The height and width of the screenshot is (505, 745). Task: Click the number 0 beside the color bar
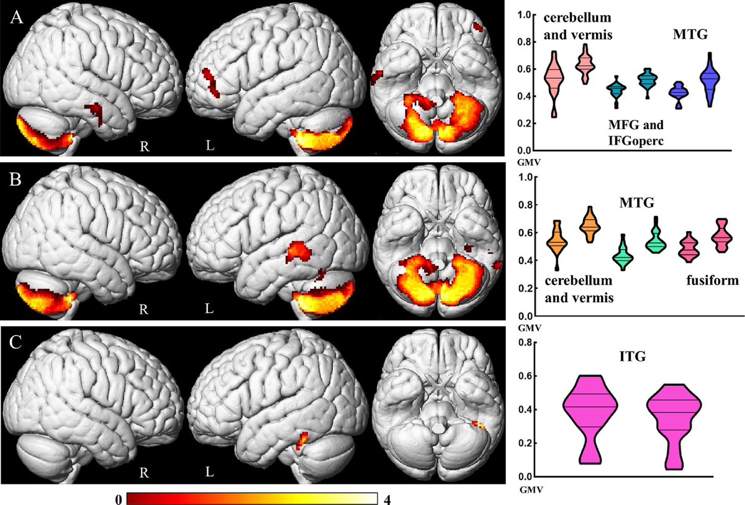click(119, 499)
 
